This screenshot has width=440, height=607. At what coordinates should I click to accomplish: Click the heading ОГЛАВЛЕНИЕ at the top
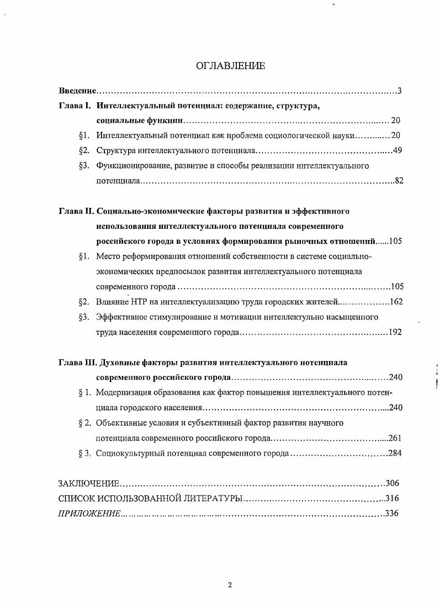pos(230,66)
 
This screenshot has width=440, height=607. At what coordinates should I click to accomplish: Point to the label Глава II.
pos(77,211)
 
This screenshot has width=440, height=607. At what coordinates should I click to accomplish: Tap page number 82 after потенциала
pos(400,180)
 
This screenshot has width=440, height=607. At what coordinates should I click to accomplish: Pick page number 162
pos(396,302)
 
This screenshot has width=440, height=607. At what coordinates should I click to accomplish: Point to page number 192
pos(395,332)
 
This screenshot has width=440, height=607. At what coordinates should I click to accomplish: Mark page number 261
pos(394,438)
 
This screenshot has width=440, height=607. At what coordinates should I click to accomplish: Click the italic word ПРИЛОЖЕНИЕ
pos(89,514)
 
